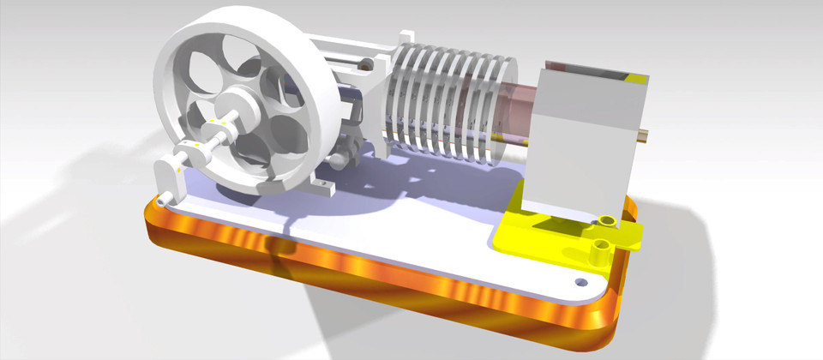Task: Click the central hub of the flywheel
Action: [x=242, y=109]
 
